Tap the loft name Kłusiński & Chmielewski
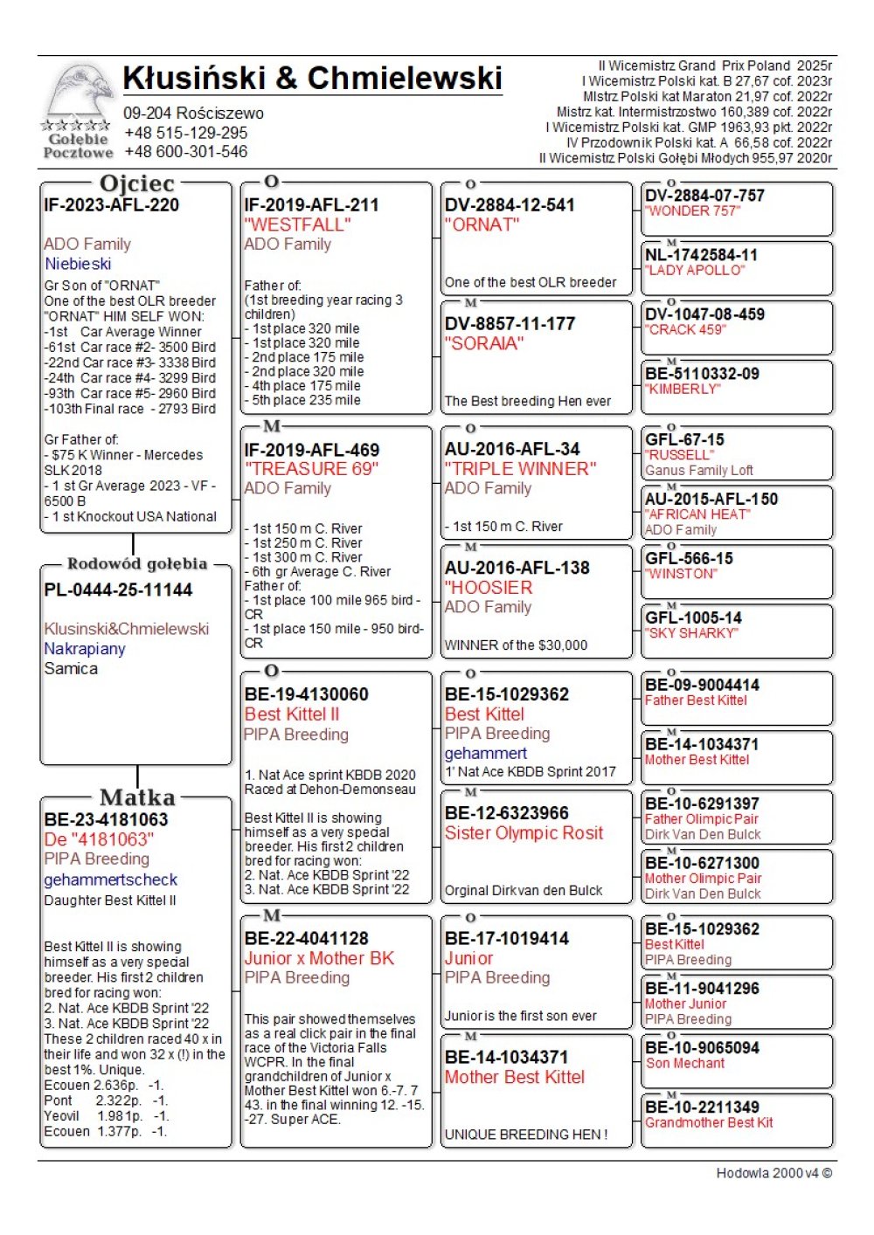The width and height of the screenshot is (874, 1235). [x=312, y=79]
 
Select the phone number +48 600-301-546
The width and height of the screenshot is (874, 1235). [x=186, y=152]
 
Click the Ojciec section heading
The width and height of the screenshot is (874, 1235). [x=137, y=183]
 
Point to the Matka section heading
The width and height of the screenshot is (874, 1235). [x=137, y=797]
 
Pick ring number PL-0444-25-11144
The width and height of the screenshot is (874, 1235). [x=118, y=590]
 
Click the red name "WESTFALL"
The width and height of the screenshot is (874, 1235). [x=297, y=224]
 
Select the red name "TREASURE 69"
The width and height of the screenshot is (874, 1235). [x=311, y=469]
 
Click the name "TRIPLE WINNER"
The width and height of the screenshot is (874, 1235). [x=520, y=469]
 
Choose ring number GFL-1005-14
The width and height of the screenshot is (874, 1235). [x=694, y=617]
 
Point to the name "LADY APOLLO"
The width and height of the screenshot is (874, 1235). [x=695, y=270]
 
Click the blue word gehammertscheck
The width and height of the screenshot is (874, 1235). [x=111, y=880]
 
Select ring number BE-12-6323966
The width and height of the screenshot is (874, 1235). [x=507, y=813]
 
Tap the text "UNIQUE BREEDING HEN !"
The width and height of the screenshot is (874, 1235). [x=526, y=1135]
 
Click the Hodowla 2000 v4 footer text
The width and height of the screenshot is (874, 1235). [x=773, y=1173]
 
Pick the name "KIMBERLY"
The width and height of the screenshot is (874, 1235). [x=683, y=389]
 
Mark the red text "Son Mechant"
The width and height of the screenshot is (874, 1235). [x=685, y=1063]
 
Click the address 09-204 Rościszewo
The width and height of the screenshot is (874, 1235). [x=193, y=114]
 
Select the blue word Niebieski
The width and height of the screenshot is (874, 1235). [x=78, y=264]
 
